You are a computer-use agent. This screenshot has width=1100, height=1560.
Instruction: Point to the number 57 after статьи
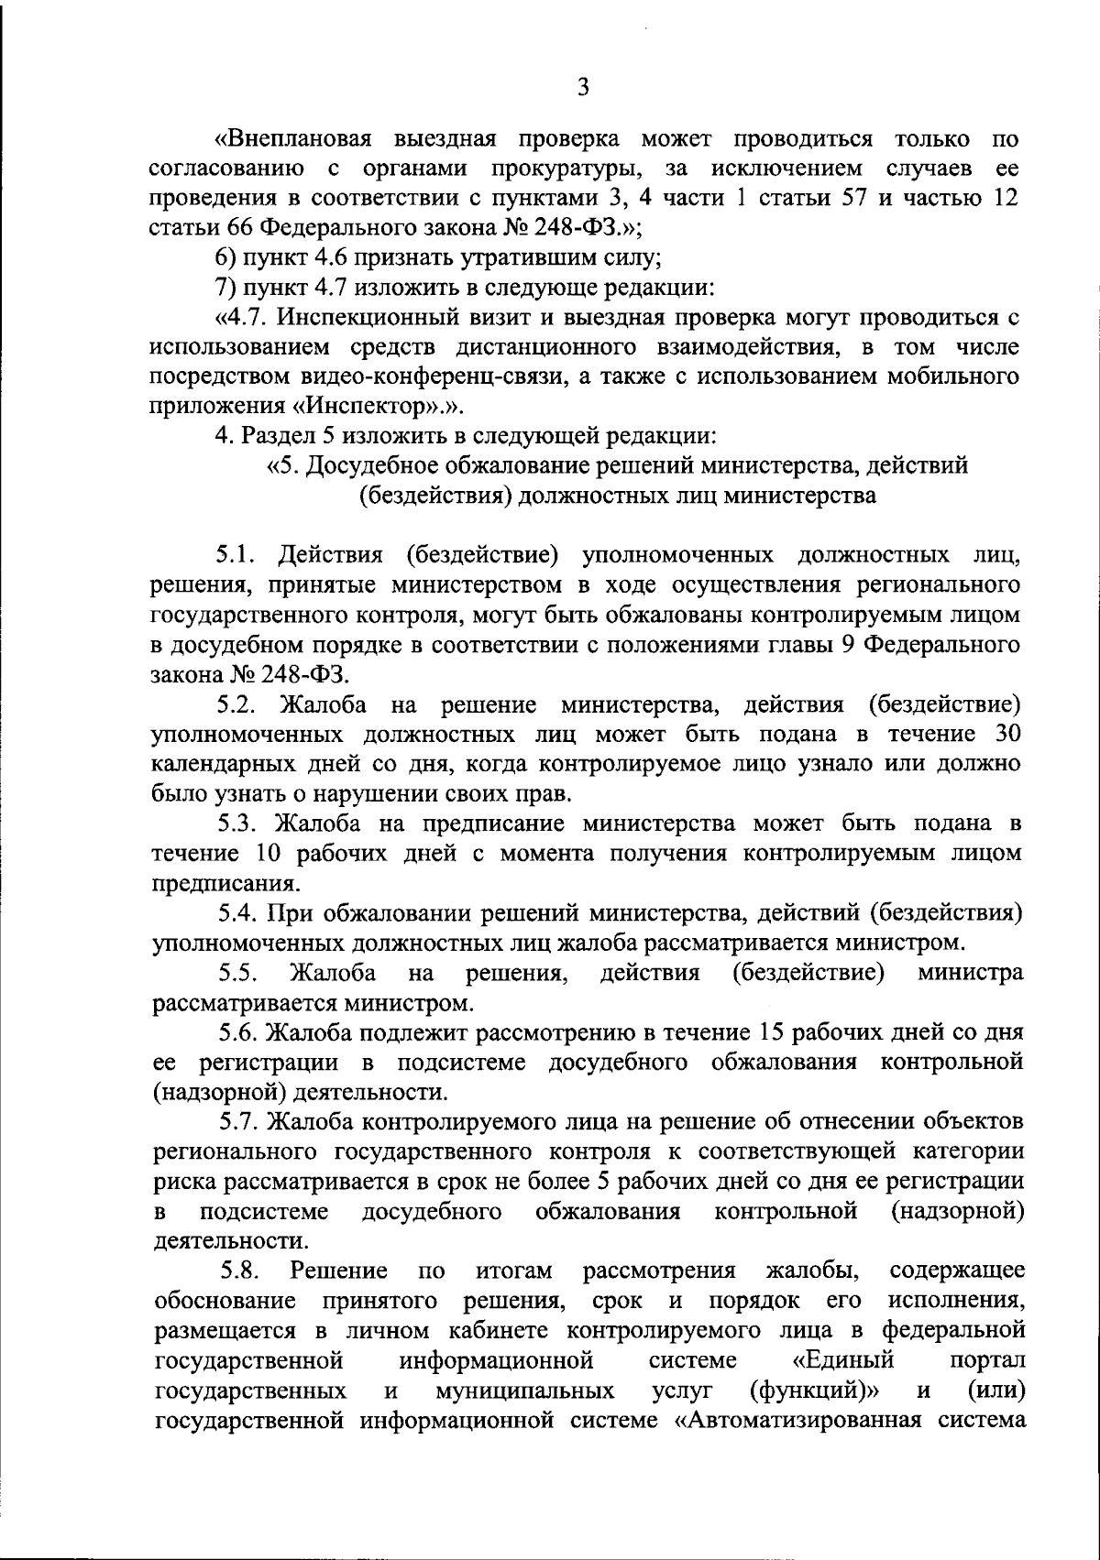click(855, 199)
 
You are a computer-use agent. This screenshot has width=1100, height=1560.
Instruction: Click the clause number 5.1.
click(240, 555)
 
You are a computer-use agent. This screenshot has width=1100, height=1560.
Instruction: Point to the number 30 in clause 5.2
click(1006, 734)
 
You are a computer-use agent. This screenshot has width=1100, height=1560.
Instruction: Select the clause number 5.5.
click(242, 973)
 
